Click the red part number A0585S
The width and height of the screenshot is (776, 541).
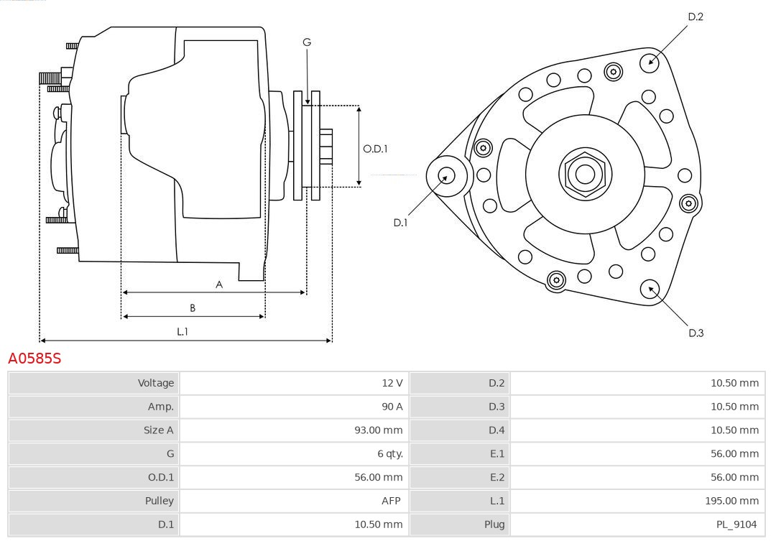34,358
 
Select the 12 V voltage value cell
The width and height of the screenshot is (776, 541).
392,383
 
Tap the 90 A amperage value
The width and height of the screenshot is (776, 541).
392,407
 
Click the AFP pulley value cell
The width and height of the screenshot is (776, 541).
391,501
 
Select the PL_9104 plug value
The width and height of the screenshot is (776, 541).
736,524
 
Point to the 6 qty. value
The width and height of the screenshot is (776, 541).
389,453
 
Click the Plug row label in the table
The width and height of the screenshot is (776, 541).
494,524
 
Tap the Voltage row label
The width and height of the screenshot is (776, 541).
156,383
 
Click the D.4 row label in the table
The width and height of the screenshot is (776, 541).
496,430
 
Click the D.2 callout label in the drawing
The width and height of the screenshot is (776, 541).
696,17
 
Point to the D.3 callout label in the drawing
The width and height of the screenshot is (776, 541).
696,333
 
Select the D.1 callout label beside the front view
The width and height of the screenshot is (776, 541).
400,223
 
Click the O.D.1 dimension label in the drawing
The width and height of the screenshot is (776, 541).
375,149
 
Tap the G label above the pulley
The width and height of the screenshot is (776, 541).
307,42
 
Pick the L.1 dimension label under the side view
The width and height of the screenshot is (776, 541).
183,331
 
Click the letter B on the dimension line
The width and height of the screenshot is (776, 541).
193,308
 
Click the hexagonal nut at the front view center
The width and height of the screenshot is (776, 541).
585,174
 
